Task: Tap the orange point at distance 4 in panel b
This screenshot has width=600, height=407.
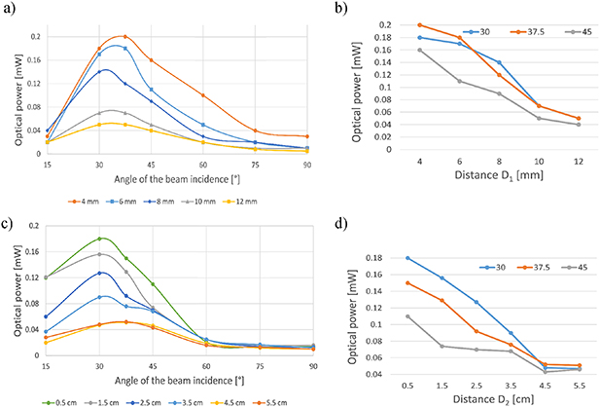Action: pyautogui.click(x=420, y=25)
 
